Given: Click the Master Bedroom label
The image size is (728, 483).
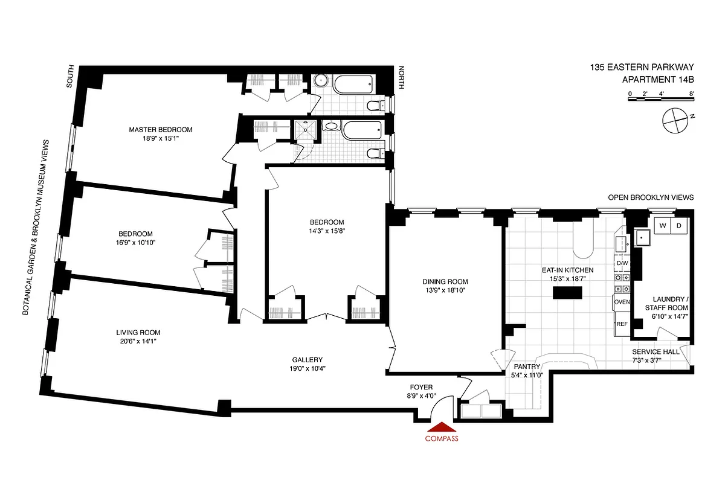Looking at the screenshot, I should pyautogui.click(x=160, y=130).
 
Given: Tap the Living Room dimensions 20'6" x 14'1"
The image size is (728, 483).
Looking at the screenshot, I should pyautogui.click(x=138, y=342).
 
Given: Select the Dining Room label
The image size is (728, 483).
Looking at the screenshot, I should pyautogui.click(x=445, y=281).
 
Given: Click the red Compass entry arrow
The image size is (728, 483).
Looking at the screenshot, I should pyautogui.click(x=442, y=427).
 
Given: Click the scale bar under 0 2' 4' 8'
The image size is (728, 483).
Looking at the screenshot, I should pyautogui.click(x=661, y=99).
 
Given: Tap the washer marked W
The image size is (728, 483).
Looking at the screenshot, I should pyautogui.click(x=663, y=226).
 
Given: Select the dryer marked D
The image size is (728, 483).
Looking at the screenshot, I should pyautogui.click(x=678, y=226).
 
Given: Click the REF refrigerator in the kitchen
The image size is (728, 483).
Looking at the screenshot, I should pyautogui.click(x=621, y=324).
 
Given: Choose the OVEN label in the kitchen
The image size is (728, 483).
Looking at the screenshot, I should pyautogui.click(x=622, y=301).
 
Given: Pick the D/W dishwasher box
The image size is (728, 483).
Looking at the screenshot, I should pyautogui.click(x=622, y=264).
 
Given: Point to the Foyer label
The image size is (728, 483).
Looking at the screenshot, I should pyautogui.click(x=421, y=387).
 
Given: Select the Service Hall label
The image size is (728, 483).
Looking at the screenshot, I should pyautogui.click(x=656, y=352).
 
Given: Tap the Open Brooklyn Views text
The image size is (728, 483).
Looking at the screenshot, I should pyautogui.click(x=651, y=197).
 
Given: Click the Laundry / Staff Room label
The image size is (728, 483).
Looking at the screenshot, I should pyautogui.click(x=667, y=303).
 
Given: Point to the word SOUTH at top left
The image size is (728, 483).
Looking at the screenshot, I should pyautogui.click(x=69, y=77).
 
